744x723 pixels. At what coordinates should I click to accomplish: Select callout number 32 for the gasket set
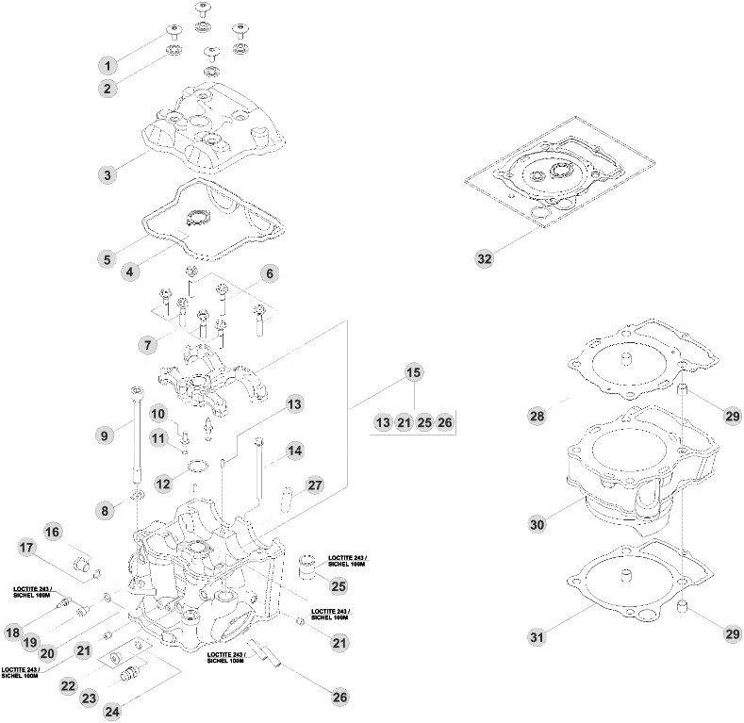pos(484,258)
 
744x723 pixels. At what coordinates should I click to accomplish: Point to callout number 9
pos(105,435)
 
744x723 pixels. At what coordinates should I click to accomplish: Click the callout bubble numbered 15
pos(413,372)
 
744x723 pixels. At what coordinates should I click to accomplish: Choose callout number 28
pos(537,415)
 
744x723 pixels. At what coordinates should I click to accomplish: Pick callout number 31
pos(537,638)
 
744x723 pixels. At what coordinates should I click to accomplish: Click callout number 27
pos(315,485)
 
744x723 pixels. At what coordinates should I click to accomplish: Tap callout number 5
pos(107,257)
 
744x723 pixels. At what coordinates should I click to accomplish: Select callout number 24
pos(112,710)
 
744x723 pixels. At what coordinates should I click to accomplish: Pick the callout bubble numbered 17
pos(26,547)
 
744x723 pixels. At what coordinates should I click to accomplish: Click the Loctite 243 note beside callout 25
pos(348,561)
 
